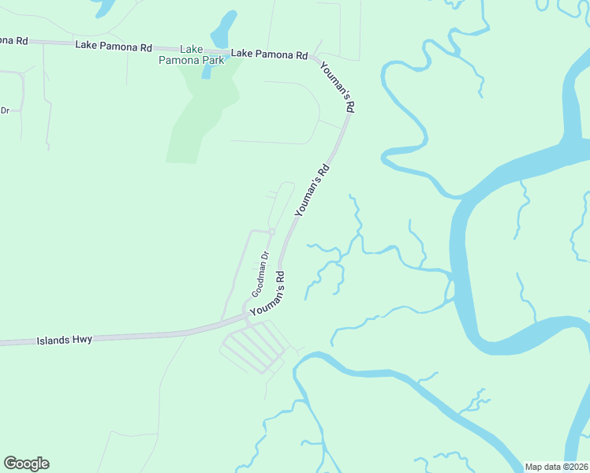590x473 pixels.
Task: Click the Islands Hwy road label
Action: [x=65, y=340]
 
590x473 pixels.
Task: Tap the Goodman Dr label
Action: [x=261, y=274]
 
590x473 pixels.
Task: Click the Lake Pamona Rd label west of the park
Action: [x=114, y=47]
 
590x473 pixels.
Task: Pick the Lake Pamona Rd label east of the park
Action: [x=269, y=54]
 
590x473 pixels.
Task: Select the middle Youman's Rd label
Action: [x=311, y=190]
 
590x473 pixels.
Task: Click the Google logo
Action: [x=26, y=464]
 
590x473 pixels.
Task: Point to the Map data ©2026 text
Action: [x=556, y=467]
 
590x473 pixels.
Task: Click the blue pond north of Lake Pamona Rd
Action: [x=223, y=31]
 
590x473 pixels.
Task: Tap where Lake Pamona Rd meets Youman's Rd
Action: [x=314, y=58]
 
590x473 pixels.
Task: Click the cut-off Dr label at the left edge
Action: [x=4, y=110]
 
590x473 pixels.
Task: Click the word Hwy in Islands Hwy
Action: [x=82, y=339]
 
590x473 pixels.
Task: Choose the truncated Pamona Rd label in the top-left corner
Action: [x=14, y=39]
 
